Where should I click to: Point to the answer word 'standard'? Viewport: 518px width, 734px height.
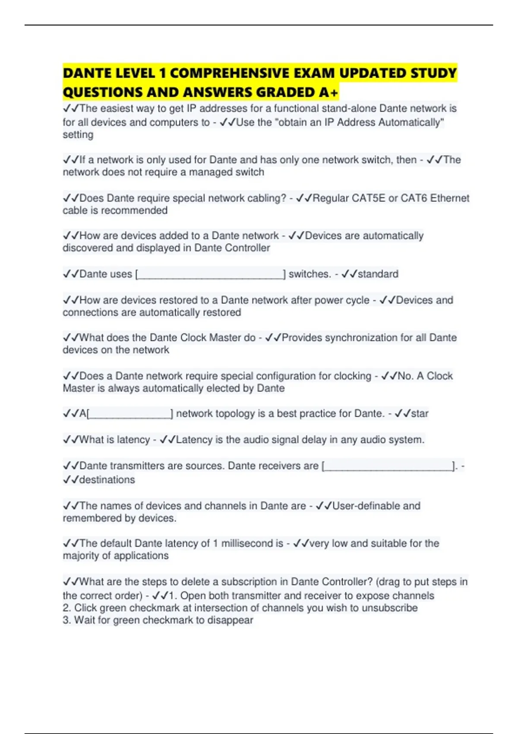click(378, 274)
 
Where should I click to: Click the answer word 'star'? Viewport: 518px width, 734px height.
click(419, 414)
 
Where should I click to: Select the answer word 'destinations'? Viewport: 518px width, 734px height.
click(107, 480)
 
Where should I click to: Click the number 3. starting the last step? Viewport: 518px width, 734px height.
click(67, 620)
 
